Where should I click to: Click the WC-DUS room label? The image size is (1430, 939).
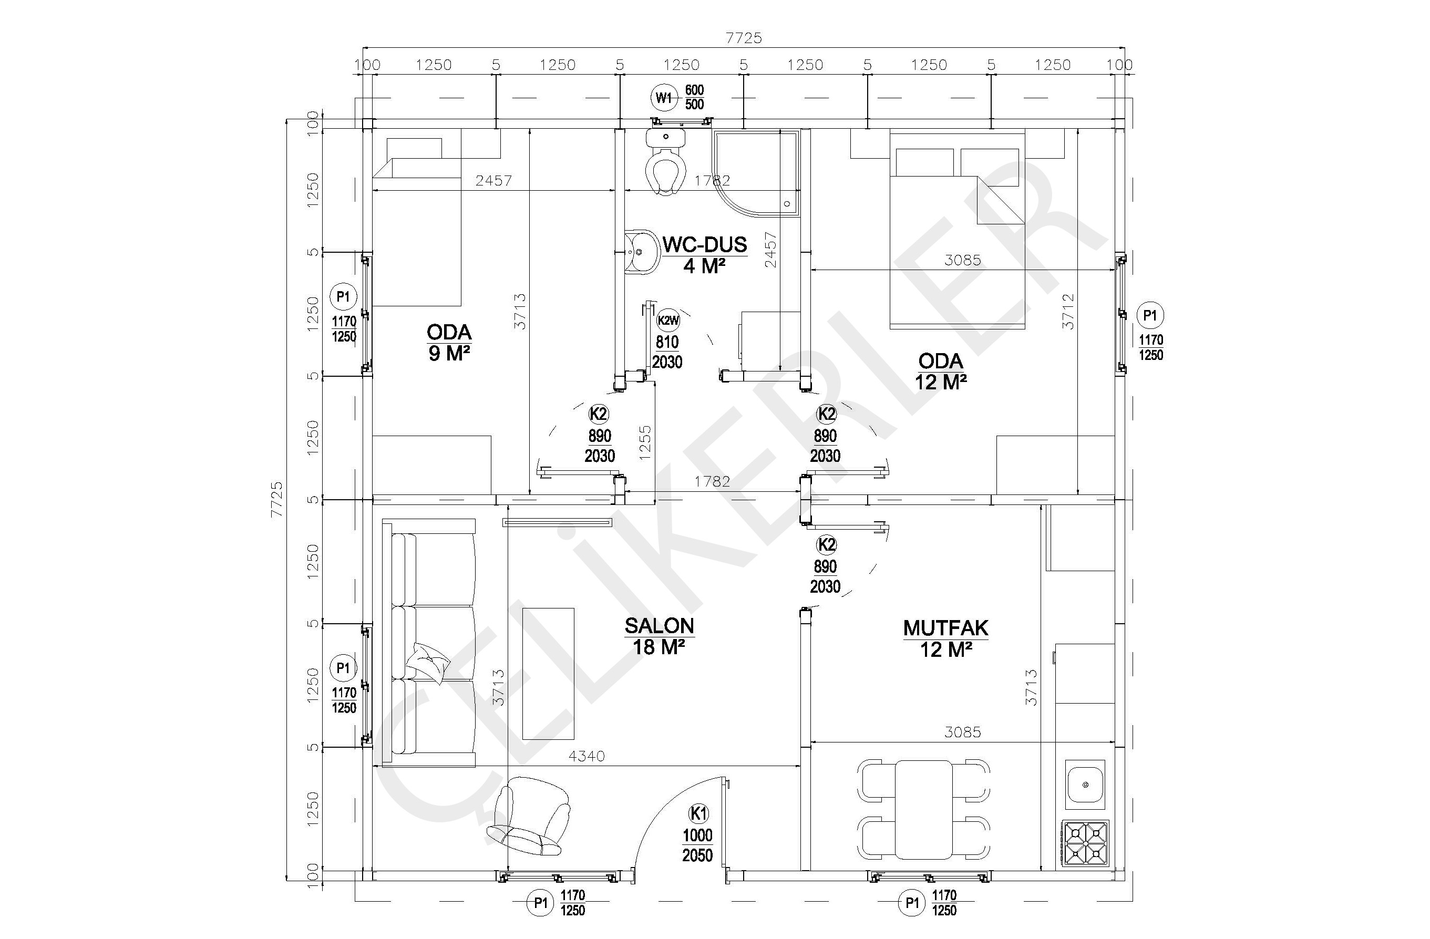[705, 245]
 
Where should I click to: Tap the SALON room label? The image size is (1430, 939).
[659, 626]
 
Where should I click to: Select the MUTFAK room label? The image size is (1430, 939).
[946, 628]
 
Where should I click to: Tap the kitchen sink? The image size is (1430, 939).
[1085, 784]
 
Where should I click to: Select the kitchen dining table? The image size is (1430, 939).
[923, 809]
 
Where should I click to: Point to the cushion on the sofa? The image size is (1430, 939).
[427, 662]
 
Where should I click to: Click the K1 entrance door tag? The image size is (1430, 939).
[698, 814]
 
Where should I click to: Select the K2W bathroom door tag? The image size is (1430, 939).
[668, 320]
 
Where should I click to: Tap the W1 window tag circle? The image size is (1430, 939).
[663, 97]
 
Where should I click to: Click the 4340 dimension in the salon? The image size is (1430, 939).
[587, 756]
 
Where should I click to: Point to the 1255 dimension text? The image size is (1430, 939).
[645, 443]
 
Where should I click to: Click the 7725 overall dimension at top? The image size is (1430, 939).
[744, 38]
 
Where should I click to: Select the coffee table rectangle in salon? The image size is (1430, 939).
[548, 674]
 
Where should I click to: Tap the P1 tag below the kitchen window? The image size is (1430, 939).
[911, 903]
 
